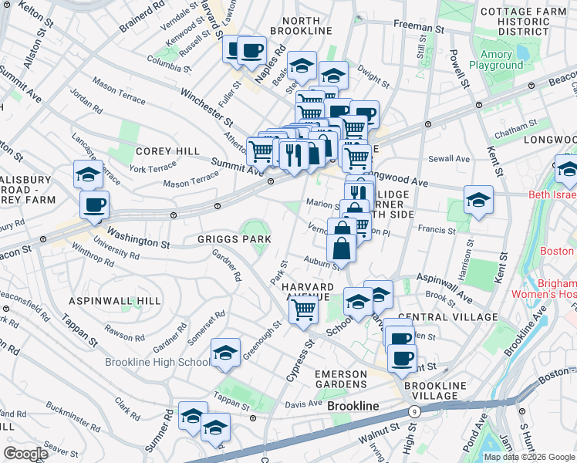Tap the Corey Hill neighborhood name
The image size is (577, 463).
click(x=157, y=151)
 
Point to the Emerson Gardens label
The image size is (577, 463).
click(x=340, y=378)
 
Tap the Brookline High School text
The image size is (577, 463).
click(x=157, y=362)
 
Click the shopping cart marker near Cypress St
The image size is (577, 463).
click(x=304, y=309)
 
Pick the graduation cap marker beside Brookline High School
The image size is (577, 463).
click(x=225, y=353)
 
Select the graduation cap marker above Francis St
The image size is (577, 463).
click(x=478, y=201)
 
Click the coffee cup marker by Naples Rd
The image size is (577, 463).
click(x=251, y=52)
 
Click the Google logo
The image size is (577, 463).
click(x=26, y=454)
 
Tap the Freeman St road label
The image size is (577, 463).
click(x=419, y=27)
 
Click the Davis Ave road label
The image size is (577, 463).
click(x=304, y=404)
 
